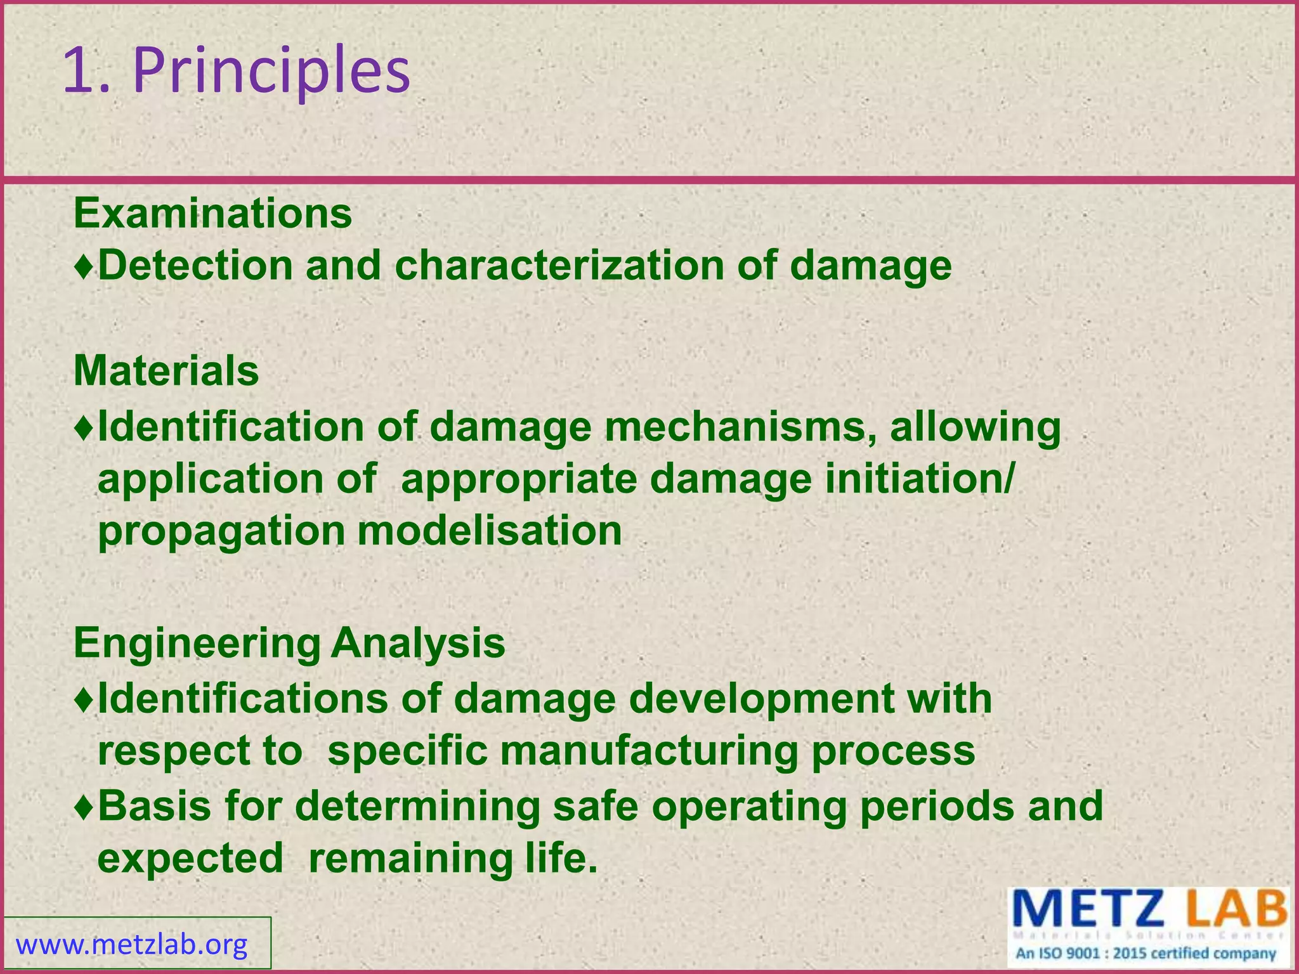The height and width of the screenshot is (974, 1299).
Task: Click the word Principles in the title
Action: point(271,71)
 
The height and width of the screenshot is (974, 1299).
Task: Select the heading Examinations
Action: point(212,213)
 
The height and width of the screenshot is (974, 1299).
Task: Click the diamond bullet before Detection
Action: point(84,266)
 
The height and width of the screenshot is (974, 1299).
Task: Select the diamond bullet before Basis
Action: point(84,807)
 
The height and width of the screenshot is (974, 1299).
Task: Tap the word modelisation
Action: point(490,530)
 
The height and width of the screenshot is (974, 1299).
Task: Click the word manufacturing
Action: point(650,751)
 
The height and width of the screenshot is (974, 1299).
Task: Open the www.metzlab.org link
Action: point(131,945)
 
